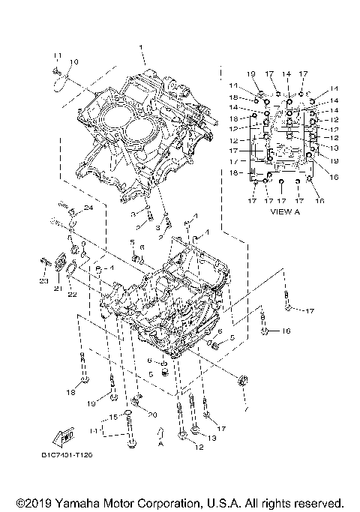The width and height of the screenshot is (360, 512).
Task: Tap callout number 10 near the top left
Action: [73, 61]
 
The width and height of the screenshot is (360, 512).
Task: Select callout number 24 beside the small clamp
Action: [88, 208]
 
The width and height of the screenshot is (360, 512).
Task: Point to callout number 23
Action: [43, 281]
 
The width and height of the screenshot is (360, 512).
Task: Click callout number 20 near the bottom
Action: [152, 415]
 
